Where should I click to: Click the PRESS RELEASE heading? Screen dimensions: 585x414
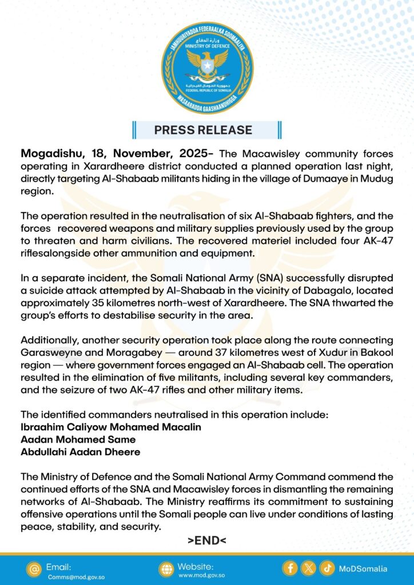point(203,130)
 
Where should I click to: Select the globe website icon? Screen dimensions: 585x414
point(166,569)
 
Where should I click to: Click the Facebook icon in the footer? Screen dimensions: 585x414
point(290,568)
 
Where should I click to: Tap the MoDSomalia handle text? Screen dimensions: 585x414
point(363,569)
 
